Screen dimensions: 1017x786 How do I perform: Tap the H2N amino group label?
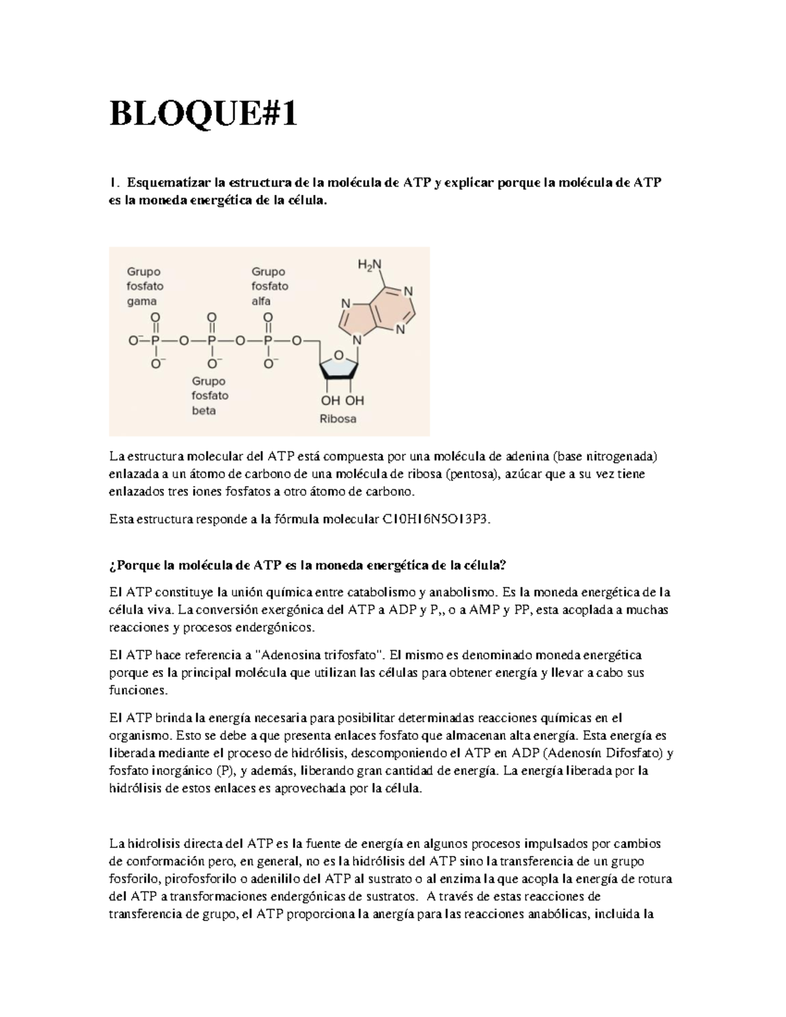pyautogui.click(x=369, y=265)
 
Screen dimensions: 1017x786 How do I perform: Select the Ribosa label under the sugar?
pyautogui.click(x=338, y=418)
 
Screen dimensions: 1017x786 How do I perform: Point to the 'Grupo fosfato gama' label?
pyautogui.click(x=145, y=286)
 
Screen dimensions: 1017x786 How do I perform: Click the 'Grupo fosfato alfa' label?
pyautogui.click(x=270, y=286)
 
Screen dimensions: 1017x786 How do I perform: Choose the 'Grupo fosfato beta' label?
pyautogui.click(x=210, y=396)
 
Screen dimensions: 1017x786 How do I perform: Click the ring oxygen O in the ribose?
pyautogui.click(x=338, y=355)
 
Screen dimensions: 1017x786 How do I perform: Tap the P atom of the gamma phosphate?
pyautogui.click(x=155, y=341)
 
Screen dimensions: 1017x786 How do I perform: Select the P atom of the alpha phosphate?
pyautogui.click(x=268, y=341)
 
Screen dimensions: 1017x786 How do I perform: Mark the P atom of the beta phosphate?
pyautogui.click(x=212, y=341)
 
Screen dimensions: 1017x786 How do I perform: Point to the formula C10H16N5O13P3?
pyautogui.click(x=435, y=520)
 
